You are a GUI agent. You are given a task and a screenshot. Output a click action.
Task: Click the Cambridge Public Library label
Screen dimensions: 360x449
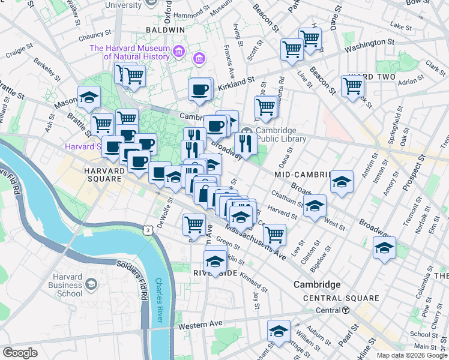pos(281,135)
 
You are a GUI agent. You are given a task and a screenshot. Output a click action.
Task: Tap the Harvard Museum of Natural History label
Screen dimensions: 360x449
pos(130,52)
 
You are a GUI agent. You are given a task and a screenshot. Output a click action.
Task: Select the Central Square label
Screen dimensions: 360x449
pos(341,298)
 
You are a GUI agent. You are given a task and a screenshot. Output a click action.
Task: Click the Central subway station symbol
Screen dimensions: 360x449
pos(346,310)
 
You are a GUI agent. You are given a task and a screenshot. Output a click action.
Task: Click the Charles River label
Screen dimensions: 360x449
pos(160,294)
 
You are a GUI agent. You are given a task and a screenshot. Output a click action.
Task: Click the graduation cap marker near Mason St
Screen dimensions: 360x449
pos(89,97)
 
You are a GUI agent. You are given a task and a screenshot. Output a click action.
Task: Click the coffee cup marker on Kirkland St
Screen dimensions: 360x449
pos(200,90)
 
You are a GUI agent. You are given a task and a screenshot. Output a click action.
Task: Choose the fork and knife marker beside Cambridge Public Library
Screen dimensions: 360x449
pos(245,143)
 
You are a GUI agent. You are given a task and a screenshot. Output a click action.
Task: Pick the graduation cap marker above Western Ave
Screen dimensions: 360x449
pos(279,331)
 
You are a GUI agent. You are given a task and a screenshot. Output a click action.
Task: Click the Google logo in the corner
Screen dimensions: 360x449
pos(20,353)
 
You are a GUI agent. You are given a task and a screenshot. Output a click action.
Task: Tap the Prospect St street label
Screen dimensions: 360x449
pos(413,174)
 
